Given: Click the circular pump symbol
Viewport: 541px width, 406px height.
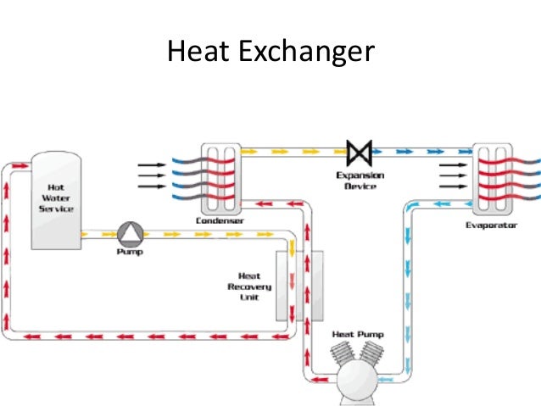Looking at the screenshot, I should pos(131,232).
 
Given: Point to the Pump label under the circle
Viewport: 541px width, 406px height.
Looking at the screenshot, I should pos(130,251).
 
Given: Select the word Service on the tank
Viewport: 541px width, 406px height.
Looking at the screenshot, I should pos(55,209).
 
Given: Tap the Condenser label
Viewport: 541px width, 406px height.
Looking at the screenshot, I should pos(220,220).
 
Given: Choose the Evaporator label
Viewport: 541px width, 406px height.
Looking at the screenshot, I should pos(492,225).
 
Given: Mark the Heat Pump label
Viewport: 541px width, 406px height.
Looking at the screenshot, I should pos(357,335).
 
